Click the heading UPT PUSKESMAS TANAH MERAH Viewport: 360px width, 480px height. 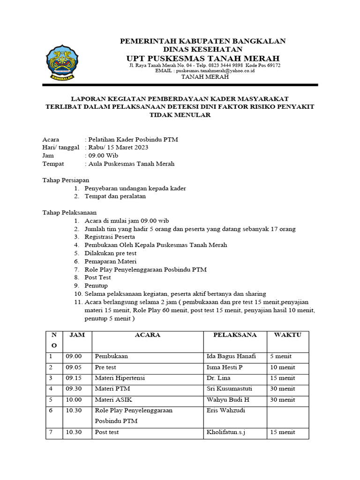[x=203, y=58]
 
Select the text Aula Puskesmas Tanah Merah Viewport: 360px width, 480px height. [x=130, y=164]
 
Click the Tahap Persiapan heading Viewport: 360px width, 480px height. [x=66, y=180]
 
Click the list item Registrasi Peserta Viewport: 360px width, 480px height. [x=110, y=237]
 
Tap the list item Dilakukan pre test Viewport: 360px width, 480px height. [x=111, y=253]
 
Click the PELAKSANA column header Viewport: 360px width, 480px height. [x=235, y=335]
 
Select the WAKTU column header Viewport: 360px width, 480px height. [x=288, y=335]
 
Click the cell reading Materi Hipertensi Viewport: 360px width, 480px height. [x=119, y=378]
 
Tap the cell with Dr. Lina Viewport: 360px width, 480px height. [x=218, y=378]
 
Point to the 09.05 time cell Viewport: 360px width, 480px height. [x=74, y=367]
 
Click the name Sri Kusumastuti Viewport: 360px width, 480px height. [x=229, y=389]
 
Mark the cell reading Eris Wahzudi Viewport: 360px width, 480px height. [x=226, y=410]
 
